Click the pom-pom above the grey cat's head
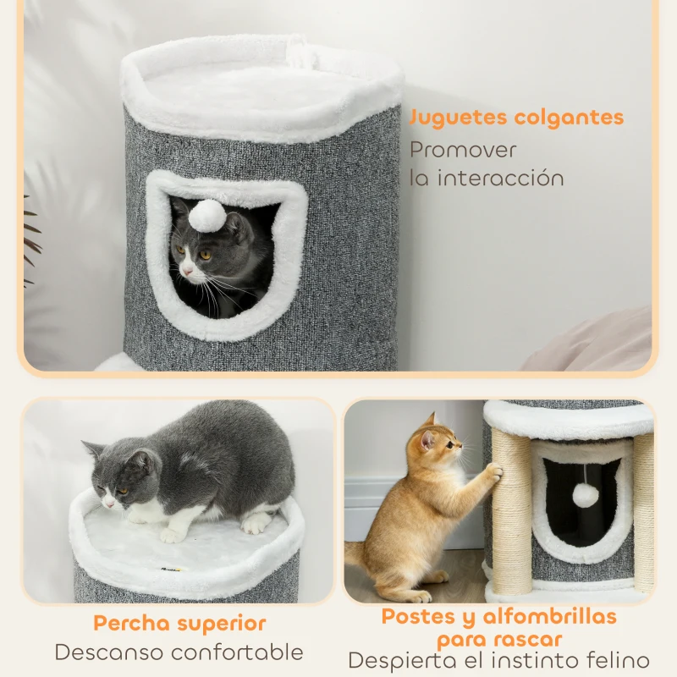click(206, 217)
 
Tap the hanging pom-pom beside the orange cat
click(585, 495)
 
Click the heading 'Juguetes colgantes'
click(516, 118)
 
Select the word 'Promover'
click(463, 150)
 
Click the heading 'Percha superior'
click(179, 624)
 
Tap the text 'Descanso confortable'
click(179, 652)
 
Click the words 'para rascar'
click(498, 640)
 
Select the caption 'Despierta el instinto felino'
click(498, 661)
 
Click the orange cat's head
click(435, 443)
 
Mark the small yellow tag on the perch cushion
click(176, 570)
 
